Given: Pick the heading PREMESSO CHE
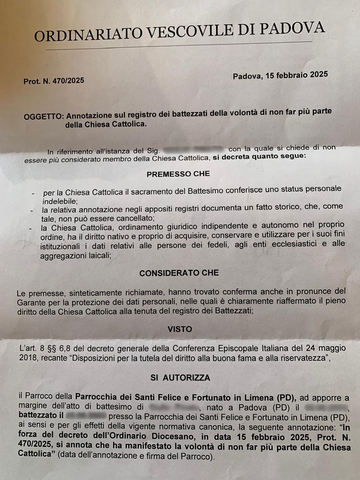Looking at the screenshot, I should point(178,174).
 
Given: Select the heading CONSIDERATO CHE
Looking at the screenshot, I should point(179,273).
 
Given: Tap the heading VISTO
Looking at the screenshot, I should point(180,329).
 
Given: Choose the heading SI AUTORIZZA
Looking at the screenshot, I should point(180,378).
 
